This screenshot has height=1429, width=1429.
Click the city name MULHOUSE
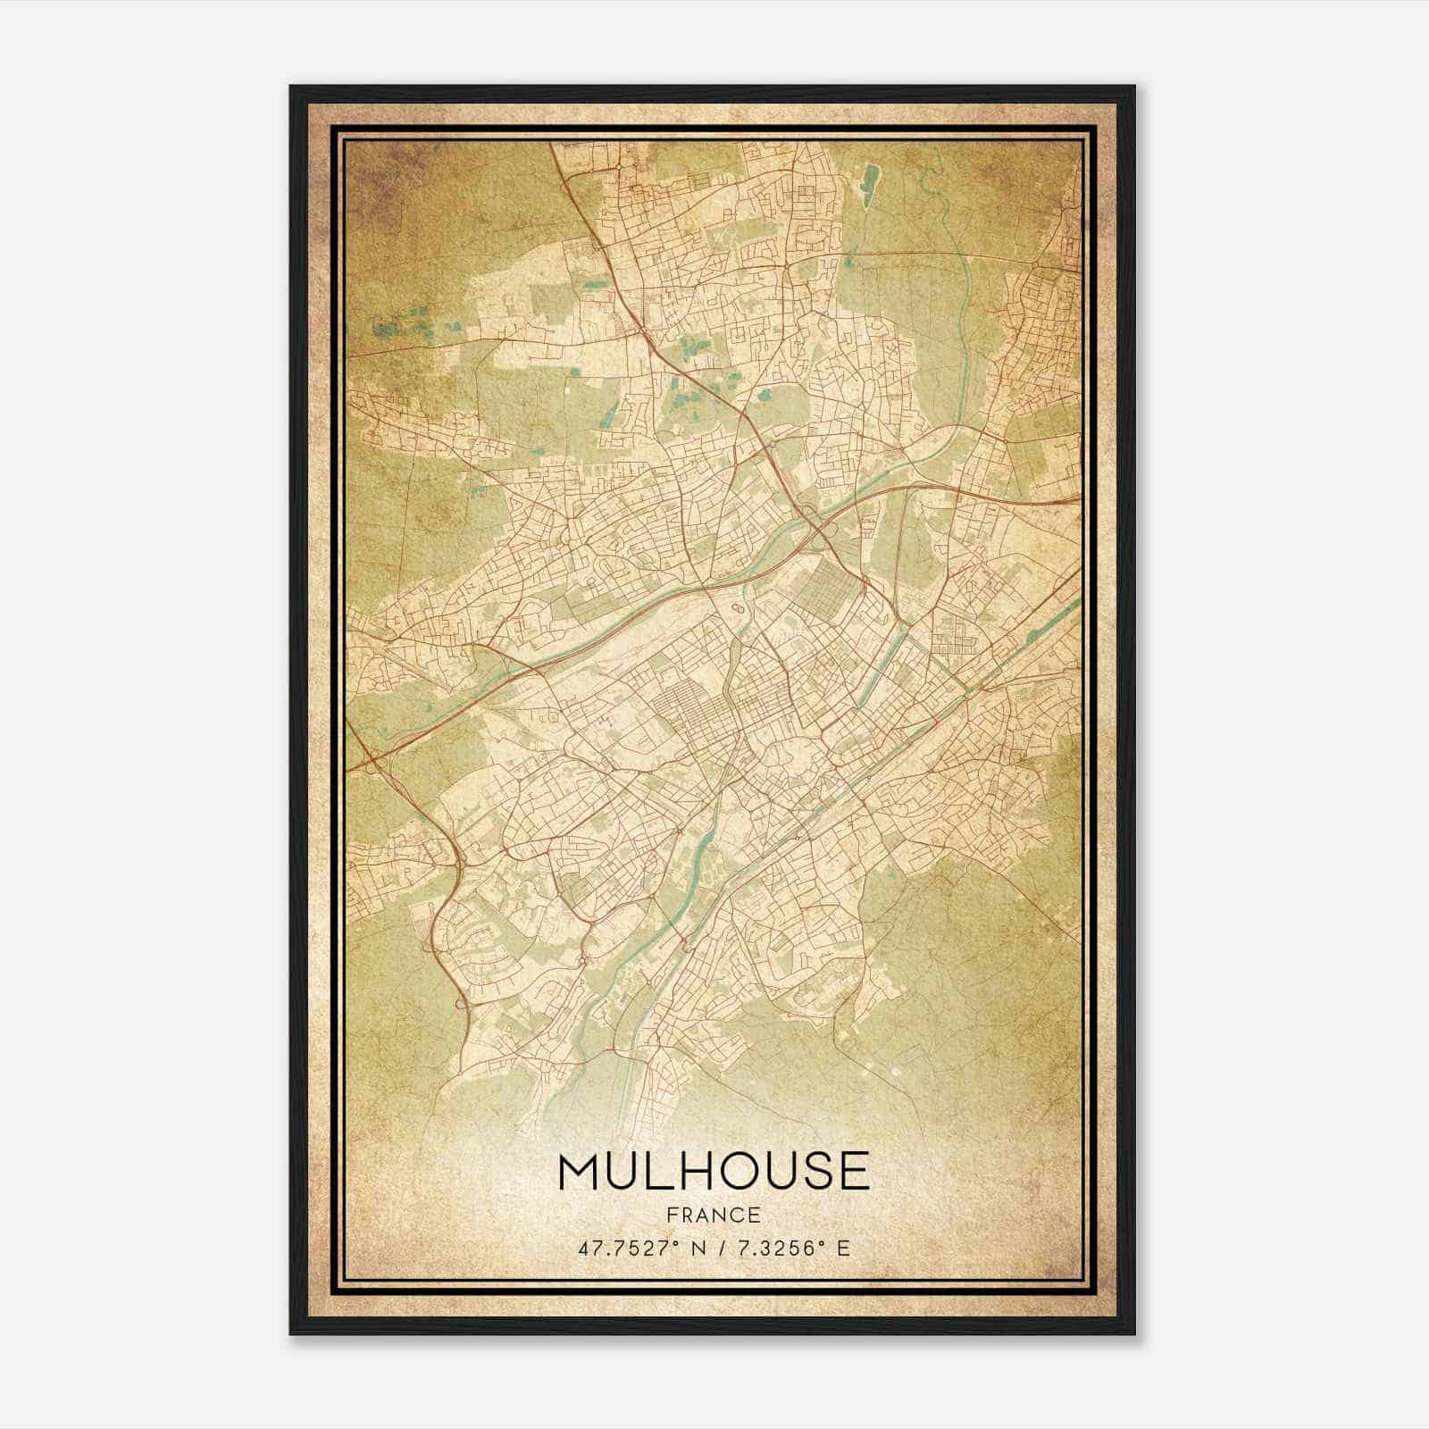click(x=714, y=1171)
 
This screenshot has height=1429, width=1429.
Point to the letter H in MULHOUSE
click(x=695, y=1171)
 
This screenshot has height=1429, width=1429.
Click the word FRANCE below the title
click(x=714, y=1215)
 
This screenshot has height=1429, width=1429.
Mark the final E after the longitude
click(x=843, y=1248)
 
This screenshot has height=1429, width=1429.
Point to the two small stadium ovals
click(x=738, y=608)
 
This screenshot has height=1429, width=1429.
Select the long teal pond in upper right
click(x=868, y=179)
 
